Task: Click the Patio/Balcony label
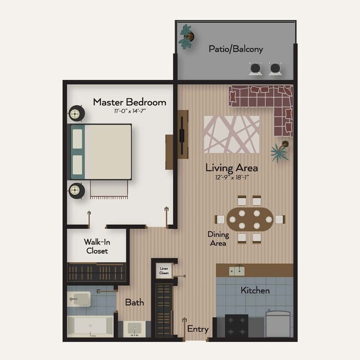point(235,49)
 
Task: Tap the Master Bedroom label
point(129,102)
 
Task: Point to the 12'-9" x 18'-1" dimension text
point(232,178)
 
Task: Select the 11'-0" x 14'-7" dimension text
point(129,111)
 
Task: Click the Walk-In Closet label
point(96,246)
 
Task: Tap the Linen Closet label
point(164,271)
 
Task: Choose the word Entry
point(198,329)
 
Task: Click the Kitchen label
point(255,290)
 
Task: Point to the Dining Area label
point(218,239)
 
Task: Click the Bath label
point(134,302)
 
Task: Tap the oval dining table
point(249,219)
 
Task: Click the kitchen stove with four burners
point(236,325)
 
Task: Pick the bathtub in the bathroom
point(89,325)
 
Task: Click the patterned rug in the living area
point(232,134)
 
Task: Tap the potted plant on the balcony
point(187,37)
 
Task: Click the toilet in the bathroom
point(79,300)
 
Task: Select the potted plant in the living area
point(280,150)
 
